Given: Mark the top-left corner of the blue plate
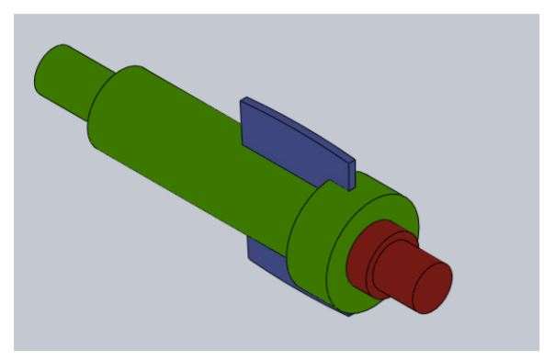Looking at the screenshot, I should (242, 99).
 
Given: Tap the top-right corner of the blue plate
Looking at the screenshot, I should (352, 158).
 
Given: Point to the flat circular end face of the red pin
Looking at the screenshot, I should (432, 287).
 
